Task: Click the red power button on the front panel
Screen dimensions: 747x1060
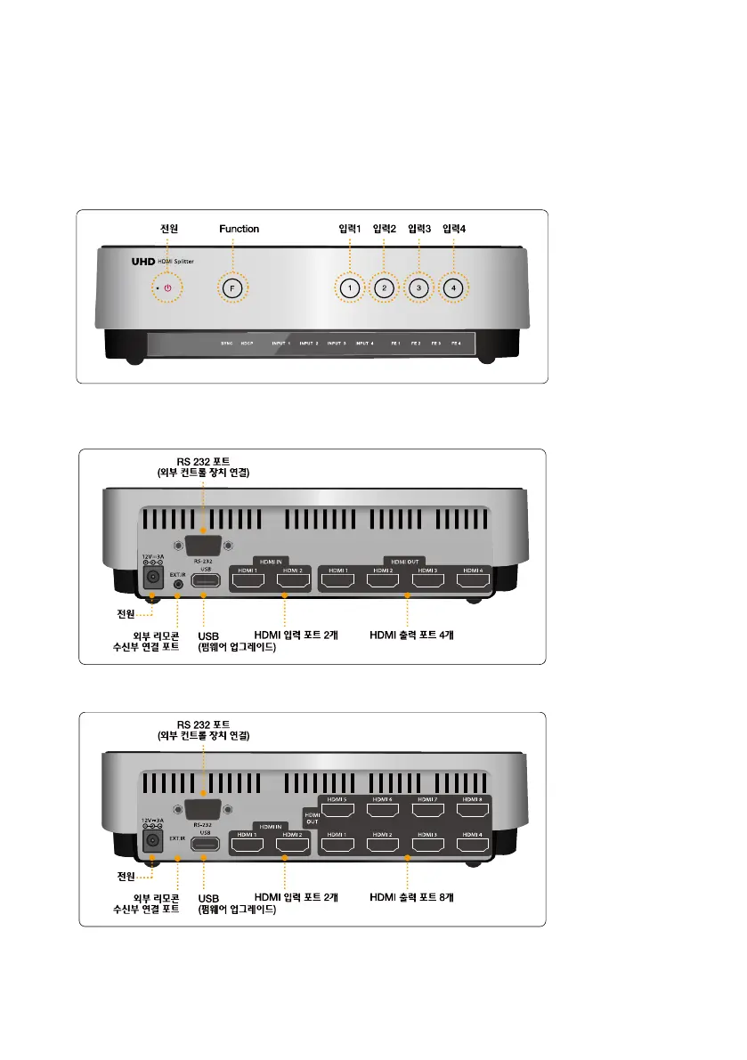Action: click(x=167, y=288)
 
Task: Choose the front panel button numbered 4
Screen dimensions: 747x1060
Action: click(x=453, y=288)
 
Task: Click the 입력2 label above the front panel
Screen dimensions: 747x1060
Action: click(x=385, y=229)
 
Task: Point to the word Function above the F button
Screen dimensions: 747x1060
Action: click(x=240, y=229)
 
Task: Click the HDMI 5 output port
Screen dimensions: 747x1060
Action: click(x=337, y=811)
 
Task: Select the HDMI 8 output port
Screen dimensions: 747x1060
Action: click(x=473, y=811)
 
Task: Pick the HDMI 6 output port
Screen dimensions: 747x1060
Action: click(x=383, y=811)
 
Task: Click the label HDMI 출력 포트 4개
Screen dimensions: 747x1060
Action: click(x=411, y=635)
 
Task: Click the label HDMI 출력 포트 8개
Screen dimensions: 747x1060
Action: click(x=411, y=897)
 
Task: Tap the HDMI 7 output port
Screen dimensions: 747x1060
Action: click(x=428, y=811)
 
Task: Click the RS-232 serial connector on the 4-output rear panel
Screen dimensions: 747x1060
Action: click(x=204, y=546)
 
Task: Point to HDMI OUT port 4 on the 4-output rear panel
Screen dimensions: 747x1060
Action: click(x=473, y=581)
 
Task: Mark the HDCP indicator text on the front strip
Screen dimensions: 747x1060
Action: click(x=248, y=343)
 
